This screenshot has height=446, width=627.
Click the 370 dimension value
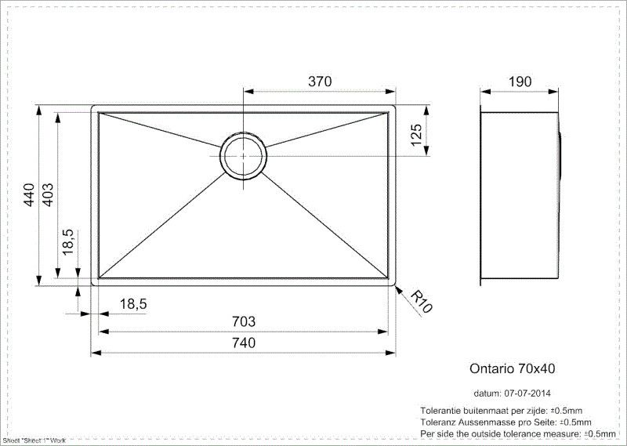click(320, 82)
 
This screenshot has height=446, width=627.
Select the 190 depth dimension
click(520, 82)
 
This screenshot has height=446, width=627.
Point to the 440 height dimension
click(29, 195)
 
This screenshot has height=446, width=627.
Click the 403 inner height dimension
click(48, 195)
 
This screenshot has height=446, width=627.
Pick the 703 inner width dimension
click(244, 321)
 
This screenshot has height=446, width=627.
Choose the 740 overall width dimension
click(244, 343)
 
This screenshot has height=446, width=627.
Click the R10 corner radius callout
click(422, 302)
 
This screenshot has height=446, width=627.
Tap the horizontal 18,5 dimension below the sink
click(133, 303)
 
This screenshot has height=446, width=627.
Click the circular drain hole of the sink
click(243, 155)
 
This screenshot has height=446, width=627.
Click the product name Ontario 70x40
click(513, 367)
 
